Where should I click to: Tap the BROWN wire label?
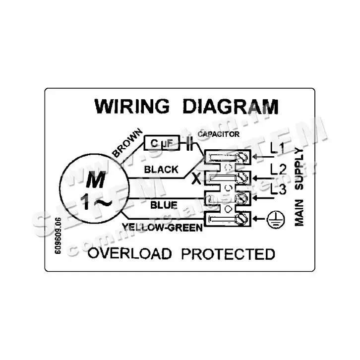click(127, 143)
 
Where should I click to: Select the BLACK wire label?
click(161, 170)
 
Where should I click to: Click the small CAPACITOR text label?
click(219, 134)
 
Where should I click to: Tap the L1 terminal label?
click(277, 147)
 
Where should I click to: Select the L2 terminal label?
click(278, 170)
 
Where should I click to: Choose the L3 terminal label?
click(278, 189)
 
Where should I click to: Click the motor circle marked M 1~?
click(92, 190)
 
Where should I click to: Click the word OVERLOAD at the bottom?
click(129, 254)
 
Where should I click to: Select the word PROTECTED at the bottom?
click(228, 254)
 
